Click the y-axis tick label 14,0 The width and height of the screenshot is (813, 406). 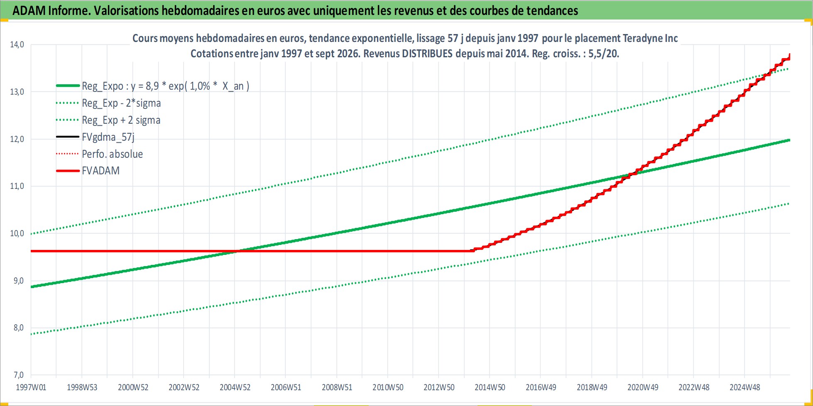(17, 44)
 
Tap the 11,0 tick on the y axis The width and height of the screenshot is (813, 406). (17, 186)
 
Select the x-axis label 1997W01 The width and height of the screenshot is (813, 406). (31, 387)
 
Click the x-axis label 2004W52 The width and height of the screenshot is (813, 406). (235, 387)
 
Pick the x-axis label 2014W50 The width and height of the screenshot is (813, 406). (490, 387)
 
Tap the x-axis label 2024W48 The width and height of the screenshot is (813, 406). (745, 387)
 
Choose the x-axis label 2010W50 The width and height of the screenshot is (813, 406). (388, 387)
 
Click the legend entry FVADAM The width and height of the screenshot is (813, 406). (100, 171)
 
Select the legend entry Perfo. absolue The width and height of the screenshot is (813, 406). (112, 154)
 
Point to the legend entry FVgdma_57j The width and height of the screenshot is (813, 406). (108, 137)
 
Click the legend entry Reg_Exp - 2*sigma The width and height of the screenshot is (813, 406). (121, 103)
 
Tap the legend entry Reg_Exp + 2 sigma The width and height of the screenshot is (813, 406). (121, 120)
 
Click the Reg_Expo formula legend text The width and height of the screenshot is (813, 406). (166, 86)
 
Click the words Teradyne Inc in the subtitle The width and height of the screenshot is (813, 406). (650, 38)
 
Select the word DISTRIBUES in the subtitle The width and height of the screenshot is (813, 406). (427, 54)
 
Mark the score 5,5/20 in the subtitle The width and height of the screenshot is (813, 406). (603, 54)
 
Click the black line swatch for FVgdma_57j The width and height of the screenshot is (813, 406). (68, 137)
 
